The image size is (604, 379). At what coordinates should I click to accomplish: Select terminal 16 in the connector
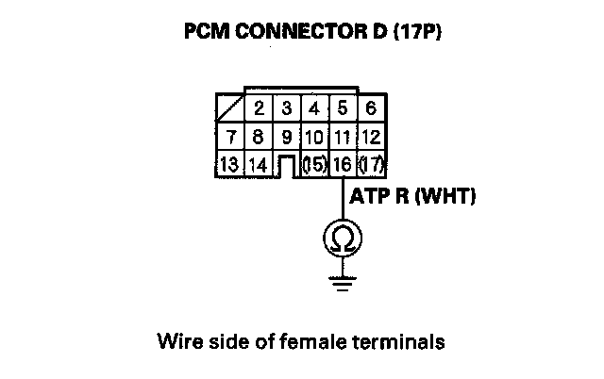pos(342,164)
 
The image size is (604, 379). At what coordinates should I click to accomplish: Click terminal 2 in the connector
pos(258,109)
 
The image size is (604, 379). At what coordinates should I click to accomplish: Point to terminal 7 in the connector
pos(231,138)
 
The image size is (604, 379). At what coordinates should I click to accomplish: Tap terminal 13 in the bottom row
pos(229,164)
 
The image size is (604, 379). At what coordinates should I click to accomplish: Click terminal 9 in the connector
pos(286,138)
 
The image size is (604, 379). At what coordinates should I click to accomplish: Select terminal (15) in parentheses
pos(313,164)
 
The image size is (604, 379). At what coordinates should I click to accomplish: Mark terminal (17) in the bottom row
pos(371,164)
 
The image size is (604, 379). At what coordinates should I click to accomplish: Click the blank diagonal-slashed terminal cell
pos(229,109)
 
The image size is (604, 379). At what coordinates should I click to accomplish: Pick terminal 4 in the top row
pos(313,109)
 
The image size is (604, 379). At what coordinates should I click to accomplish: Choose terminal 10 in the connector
pos(313,138)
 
